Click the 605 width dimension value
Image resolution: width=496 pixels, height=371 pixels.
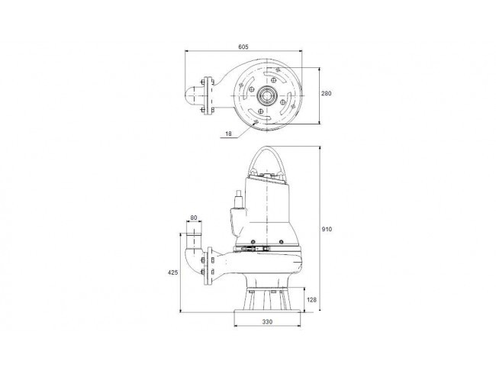coord(243,47)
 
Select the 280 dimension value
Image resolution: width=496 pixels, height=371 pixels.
coord(327,93)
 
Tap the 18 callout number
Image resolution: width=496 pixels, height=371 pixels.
coord(228,134)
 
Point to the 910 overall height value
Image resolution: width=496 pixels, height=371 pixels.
coord(327,229)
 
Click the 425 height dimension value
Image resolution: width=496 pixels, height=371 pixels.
coord(173,273)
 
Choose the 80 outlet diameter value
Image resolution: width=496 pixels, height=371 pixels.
coord(194,218)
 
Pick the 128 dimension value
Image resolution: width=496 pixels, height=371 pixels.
coord(312,299)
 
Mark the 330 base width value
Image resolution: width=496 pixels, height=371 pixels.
coord(267,322)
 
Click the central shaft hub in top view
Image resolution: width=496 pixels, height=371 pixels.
coord(267,95)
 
